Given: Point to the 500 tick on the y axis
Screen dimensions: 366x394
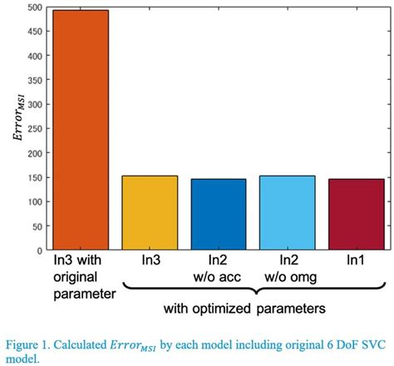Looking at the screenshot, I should (33, 8).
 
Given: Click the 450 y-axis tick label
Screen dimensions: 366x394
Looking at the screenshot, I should (33, 32).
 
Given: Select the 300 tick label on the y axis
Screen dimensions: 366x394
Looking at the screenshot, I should (33, 105).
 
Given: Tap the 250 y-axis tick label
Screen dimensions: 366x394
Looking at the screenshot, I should (33, 129).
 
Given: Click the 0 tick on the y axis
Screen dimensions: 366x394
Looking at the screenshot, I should (38, 250).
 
